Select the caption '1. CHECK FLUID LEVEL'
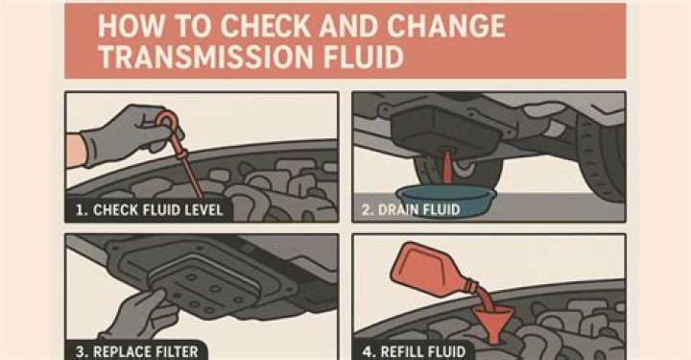click(147, 208)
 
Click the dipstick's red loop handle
click(169, 121)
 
